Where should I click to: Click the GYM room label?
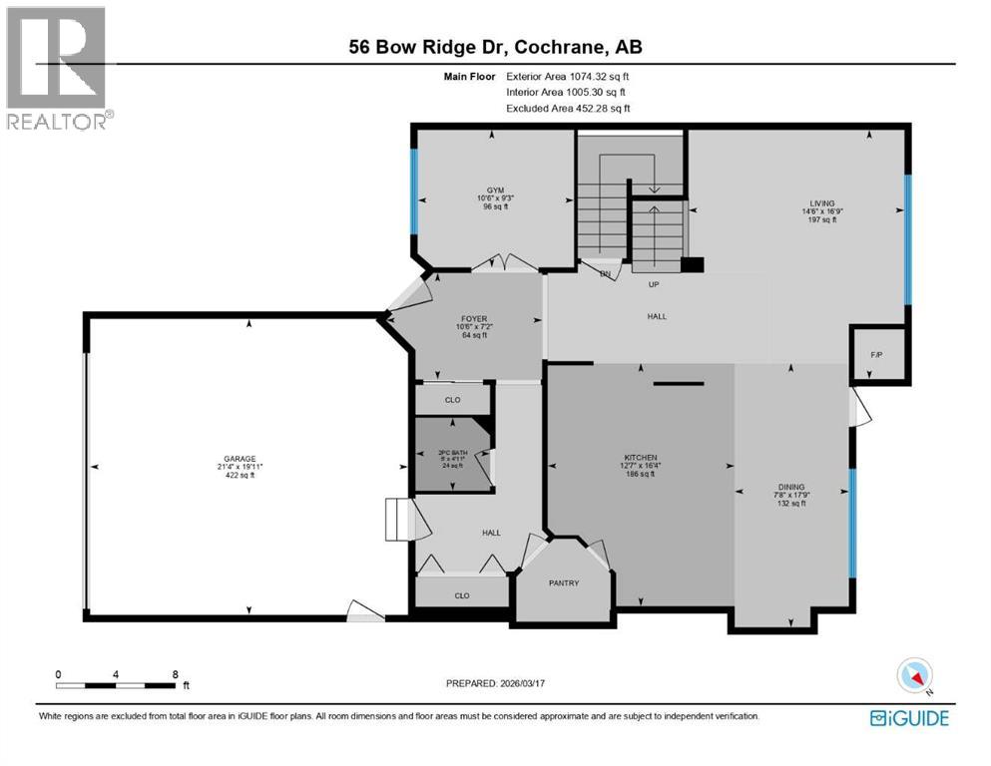pyautogui.click(x=495, y=190)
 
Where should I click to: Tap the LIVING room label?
pyautogui.click(x=821, y=202)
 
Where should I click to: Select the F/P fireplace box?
pyautogui.click(x=877, y=353)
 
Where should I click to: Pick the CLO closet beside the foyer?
pyautogui.click(x=452, y=400)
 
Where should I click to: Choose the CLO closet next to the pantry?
pyautogui.click(x=462, y=595)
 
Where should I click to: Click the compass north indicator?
pyautogui.click(x=915, y=676)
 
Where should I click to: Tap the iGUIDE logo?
pyautogui.click(x=908, y=717)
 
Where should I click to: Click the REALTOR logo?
pyautogui.click(x=59, y=67)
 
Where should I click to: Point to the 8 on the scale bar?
pyautogui.click(x=176, y=673)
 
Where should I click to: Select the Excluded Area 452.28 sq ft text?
pyautogui.click(x=568, y=108)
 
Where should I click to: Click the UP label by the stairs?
pyautogui.click(x=656, y=284)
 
